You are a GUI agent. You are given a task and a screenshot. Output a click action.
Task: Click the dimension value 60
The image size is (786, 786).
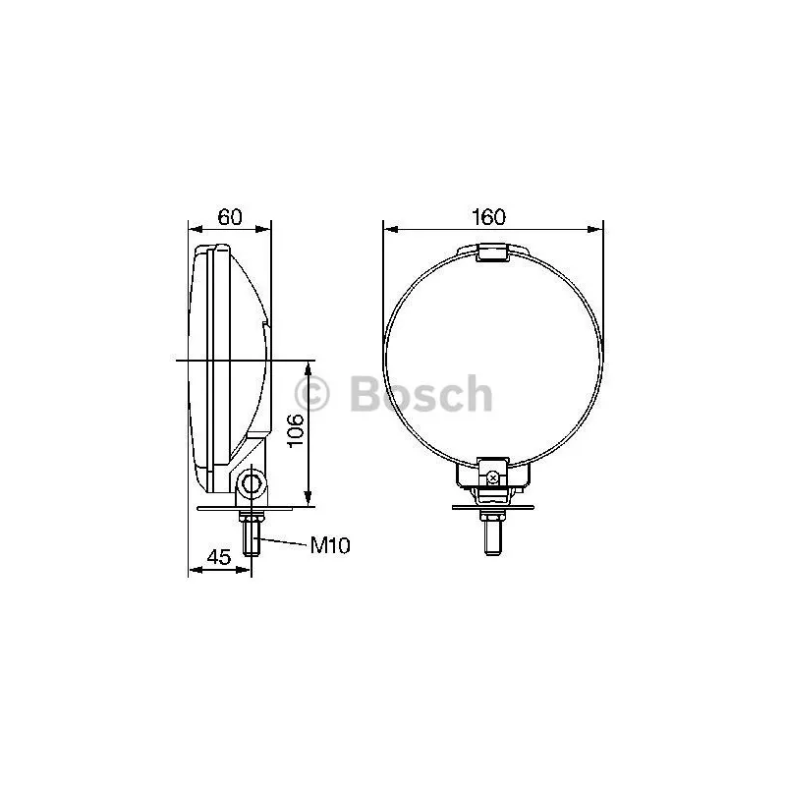click(x=230, y=217)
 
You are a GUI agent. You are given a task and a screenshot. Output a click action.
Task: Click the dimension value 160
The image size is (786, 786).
click(x=488, y=217)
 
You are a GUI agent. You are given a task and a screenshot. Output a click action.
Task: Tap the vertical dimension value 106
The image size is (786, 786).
click(x=295, y=430)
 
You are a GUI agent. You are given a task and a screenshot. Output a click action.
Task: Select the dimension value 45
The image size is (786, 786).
click(x=219, y=557)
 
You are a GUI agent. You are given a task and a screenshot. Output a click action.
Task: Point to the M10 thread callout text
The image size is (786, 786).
click(x=330, y=545)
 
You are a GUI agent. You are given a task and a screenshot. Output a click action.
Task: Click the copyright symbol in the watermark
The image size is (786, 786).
click(x=311, y=394)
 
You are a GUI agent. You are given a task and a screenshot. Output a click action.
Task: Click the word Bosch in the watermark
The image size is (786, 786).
click(x=421, y=394)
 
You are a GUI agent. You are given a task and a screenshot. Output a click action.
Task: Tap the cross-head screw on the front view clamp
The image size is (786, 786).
click(x=493, y=478)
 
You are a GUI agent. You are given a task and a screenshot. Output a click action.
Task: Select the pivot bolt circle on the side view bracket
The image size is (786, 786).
click(x=251, y=483)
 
